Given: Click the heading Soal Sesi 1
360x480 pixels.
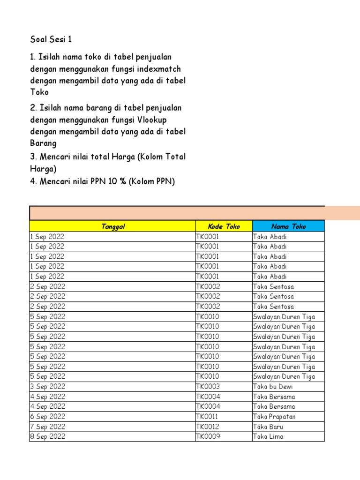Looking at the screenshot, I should [51, 39].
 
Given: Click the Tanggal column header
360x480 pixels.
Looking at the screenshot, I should [112, 226].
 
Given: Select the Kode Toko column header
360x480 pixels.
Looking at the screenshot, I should [224, 226].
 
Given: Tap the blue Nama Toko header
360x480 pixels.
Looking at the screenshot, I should [288, 226].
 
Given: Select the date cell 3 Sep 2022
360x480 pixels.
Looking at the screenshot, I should [47, 387].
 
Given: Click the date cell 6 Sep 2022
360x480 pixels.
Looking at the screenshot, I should [47, 417].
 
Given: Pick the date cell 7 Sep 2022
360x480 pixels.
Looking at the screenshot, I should [47, 427].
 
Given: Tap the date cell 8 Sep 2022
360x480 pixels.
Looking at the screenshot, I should [47, 436].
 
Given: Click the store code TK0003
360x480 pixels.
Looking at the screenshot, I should [208, 387].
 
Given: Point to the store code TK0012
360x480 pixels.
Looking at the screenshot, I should [207, 427].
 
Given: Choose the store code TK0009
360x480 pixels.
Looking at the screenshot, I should [208, 436].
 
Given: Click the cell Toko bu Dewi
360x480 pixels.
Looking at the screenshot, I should [273, 387].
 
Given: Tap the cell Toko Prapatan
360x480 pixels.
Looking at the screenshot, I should [274, 417].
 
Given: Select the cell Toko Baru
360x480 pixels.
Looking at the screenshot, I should [268, 427].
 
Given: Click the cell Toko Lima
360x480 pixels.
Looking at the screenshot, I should [268, 436].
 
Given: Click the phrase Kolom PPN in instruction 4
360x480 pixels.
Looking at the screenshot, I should [152, 181].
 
